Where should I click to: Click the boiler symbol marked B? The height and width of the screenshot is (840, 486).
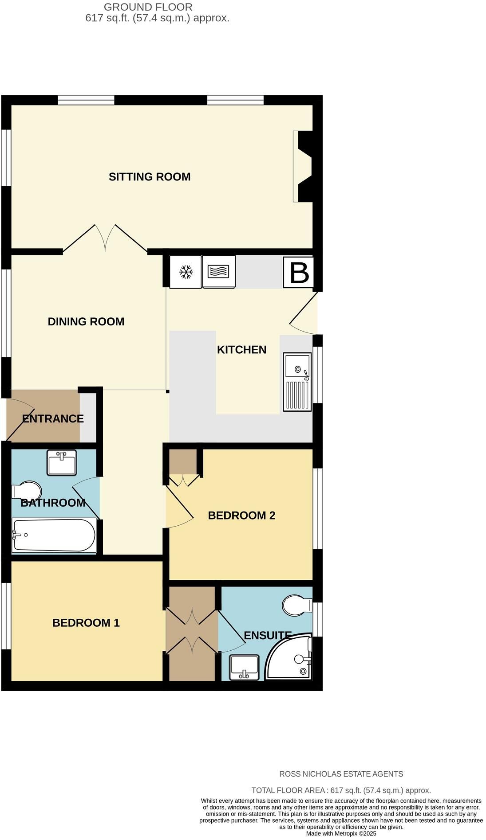click(x=299, y=272)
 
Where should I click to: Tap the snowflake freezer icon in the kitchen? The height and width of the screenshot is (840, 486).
click(x=186, y=272)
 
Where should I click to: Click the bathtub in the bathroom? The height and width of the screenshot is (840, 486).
click(x=54, y=535)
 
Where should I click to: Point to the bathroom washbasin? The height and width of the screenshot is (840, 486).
click(x=62, y=462)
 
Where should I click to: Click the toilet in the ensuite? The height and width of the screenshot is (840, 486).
click(x=297, y=605)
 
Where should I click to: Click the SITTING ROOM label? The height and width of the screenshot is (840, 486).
click(x=150, y=177)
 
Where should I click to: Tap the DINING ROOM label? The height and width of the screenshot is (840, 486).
click(x=86, y=322)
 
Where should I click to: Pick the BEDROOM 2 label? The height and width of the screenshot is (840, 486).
click(x=242, y=516)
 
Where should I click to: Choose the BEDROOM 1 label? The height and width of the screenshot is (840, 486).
click(x=86, y=623)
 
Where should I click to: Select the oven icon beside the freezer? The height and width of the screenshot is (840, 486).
click(x=219, y=272)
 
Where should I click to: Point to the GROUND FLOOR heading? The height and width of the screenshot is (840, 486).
click(x=148, y=7)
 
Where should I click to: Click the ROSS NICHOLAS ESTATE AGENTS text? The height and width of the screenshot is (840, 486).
click(x=341, y=774)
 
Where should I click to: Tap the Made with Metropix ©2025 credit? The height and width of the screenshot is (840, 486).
click(x=341, y=833)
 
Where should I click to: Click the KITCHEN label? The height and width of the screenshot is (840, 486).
click(x=242, y=350)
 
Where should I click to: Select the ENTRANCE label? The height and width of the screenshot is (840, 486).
click(x=53, y=419)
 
